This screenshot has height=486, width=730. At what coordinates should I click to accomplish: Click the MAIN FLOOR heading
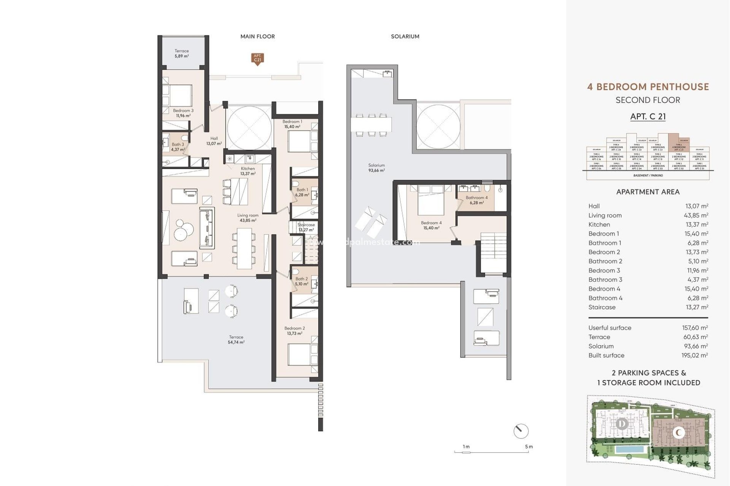coord(257,36)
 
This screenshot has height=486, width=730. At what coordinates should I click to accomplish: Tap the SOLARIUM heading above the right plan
coord(405,36)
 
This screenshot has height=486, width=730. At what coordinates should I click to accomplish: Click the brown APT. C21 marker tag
coord(257,58)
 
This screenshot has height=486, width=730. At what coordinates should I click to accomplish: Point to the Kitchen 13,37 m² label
coord(248,171)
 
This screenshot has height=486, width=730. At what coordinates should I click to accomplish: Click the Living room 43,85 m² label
coord(248,218)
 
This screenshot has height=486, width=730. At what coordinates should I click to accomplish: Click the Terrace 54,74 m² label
coord(236,339)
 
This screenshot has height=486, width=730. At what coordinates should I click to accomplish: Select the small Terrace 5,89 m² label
coord(182,53)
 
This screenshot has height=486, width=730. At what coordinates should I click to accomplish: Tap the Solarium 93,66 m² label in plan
coord(376,168)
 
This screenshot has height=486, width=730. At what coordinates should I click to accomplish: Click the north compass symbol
coord(521,431)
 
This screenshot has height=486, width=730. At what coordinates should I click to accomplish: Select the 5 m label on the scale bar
coord(529,447)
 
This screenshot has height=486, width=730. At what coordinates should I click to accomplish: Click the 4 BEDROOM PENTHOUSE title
coord(648,87)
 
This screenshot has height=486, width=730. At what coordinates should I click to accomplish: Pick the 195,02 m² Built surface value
coord(695,355)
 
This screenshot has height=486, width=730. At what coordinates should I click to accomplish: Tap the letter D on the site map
coord(622,423)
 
